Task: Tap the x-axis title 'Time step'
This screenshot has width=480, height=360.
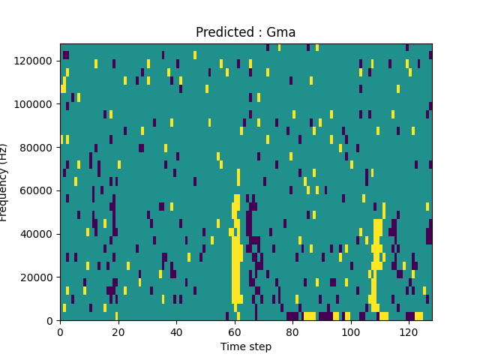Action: click(245, 346)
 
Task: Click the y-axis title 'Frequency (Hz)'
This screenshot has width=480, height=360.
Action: click(4, 182)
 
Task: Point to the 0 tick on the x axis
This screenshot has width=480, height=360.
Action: click(60, 331)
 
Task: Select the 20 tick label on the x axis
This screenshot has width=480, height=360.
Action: click(118, 331)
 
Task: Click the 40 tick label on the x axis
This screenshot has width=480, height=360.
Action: click(176, 331)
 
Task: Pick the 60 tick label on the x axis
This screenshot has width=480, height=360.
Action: click(235, 331)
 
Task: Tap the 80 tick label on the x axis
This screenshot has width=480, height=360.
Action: click(292, 331)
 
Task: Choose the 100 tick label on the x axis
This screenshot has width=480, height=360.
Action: click(350, 331)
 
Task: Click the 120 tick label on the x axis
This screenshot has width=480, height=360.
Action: click(409, 331)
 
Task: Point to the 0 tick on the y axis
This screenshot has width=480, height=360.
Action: click(51, 321)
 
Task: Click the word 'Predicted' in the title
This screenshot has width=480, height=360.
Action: click(222, 32)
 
